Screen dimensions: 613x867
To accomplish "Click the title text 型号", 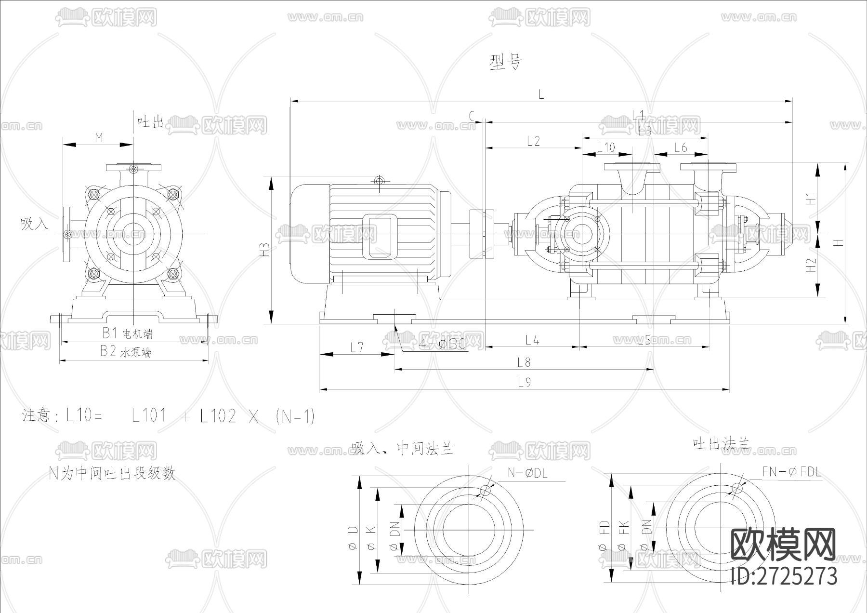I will coord(505,62).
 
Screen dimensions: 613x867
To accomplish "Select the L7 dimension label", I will coord(356,347).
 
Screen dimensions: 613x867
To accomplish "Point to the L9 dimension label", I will coord(524,383).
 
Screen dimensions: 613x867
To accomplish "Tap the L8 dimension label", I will coord(524,362).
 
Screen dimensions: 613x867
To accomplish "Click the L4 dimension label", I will coord(532,340).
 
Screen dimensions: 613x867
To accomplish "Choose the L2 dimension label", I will coord(533,141).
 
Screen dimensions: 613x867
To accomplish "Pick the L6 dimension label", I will coord(681,147).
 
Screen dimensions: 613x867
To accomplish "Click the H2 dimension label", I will coord(812,265).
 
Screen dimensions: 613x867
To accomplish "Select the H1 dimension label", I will coord(812,198).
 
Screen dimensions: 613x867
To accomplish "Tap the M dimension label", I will coord(99,138).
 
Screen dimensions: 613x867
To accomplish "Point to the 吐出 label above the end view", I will coord(151,122).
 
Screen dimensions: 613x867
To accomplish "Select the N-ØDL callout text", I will coord(527,473).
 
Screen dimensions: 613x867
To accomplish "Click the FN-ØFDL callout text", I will coord(791,471).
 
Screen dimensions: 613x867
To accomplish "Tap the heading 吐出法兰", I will coord(721,443).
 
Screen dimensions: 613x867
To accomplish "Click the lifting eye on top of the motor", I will coord(380,181).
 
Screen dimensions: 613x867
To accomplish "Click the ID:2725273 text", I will coord(784,576).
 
